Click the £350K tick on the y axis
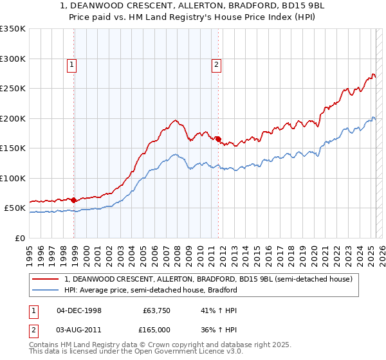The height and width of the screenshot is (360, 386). coord(13,29)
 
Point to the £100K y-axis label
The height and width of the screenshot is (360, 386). coord(13,178)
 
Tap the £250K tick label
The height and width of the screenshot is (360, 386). coord(13,89)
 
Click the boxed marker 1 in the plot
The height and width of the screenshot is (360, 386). coord(71,64)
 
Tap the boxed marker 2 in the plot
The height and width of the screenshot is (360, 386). coord(217,64)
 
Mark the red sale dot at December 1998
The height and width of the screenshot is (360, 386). coord(74,200)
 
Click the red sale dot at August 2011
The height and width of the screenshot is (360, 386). coord(218,138)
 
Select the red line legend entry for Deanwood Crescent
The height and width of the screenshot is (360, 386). coord(208,280)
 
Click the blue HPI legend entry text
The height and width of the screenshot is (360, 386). coord(151,290)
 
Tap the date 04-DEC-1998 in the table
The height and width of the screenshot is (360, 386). coord(79,310)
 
